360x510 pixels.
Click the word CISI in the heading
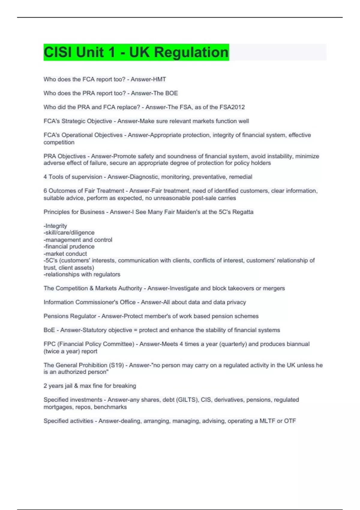(58, 52)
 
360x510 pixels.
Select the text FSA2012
(232, 107)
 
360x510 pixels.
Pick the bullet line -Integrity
(55, 226)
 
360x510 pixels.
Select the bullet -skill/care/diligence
(69, 232)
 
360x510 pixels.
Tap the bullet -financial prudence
(69, 246)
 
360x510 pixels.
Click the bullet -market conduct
(65, 253)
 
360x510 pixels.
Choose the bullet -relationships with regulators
(82, 274)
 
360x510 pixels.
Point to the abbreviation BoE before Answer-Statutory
(49, 330)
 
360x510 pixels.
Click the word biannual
(298, 344)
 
